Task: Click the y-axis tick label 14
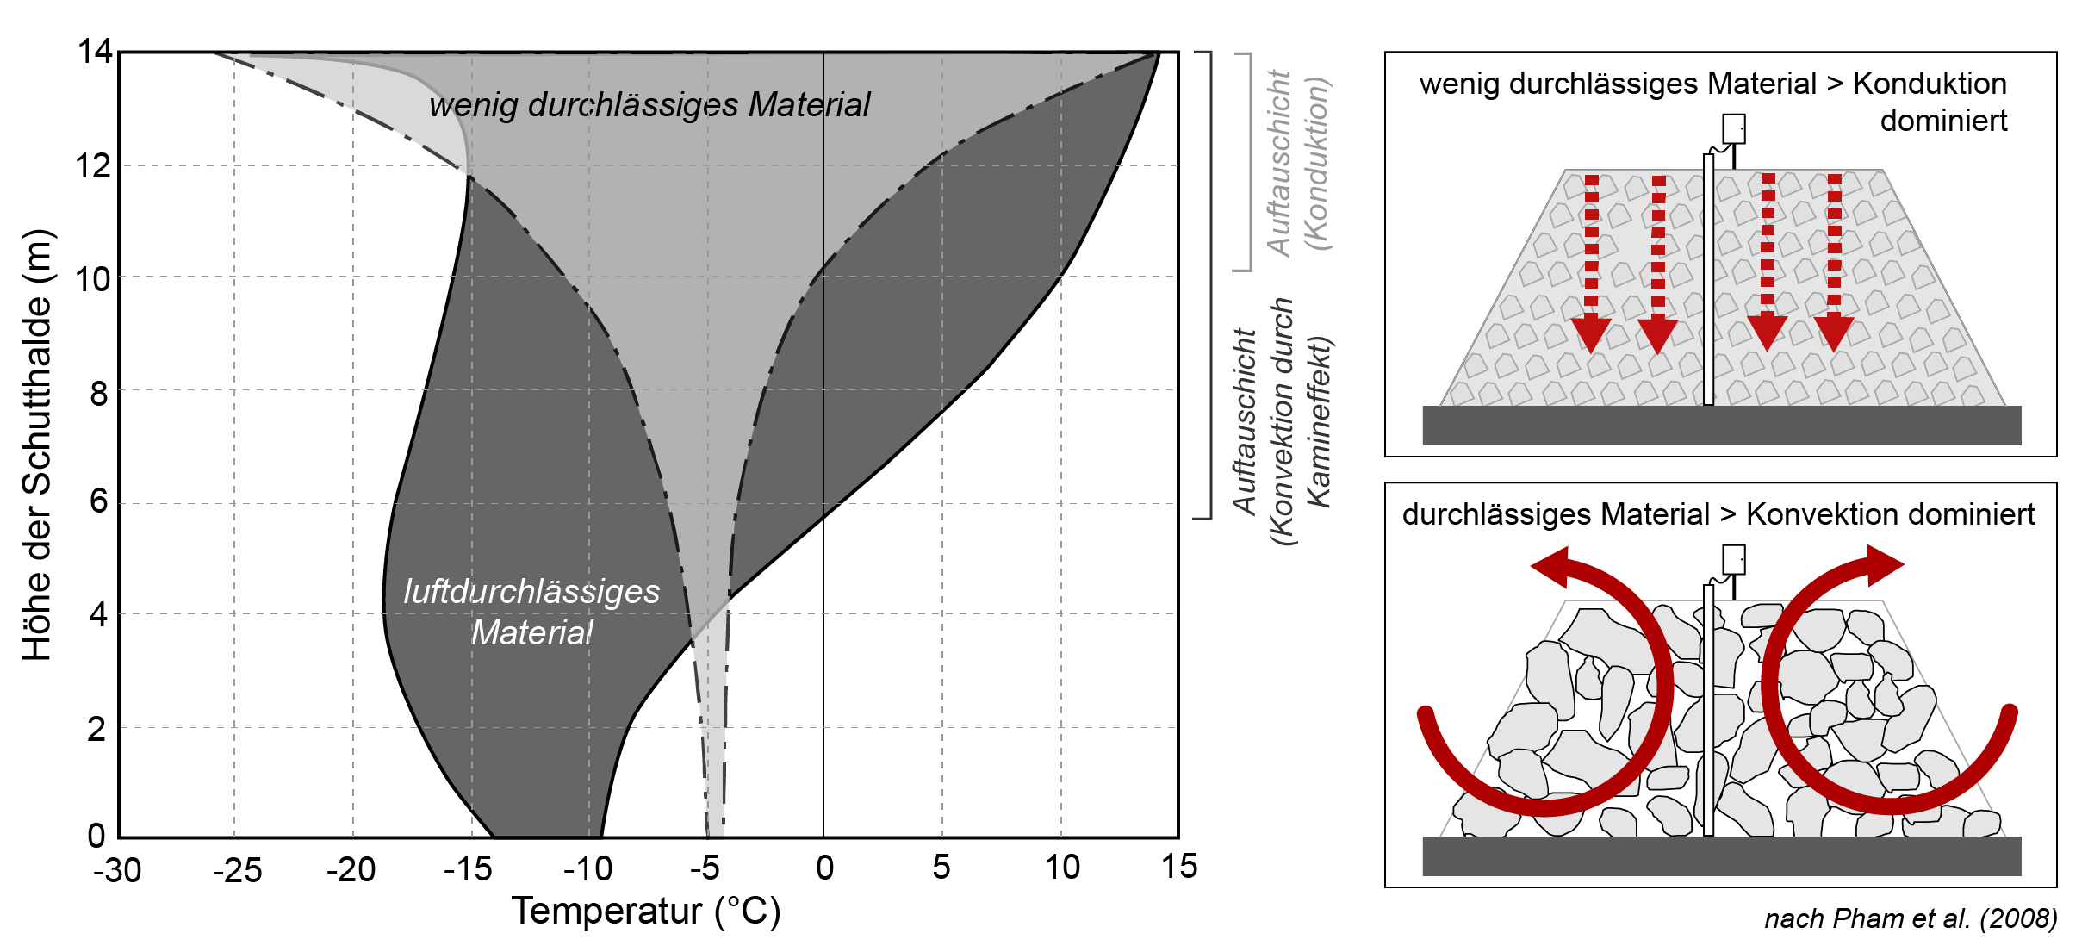95,53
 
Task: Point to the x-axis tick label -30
117,870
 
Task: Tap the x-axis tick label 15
1178,867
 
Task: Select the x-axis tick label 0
824,868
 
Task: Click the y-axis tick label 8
99,394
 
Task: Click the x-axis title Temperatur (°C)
646,912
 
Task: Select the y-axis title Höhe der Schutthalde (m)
37,445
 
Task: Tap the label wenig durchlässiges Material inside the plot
649,105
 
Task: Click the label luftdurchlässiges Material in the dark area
532,612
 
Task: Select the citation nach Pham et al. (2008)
1910,918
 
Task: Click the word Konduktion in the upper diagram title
1930,84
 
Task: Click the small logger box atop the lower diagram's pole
1733,559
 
